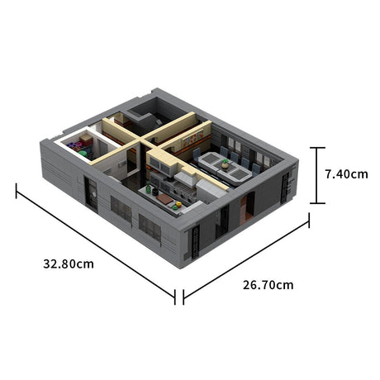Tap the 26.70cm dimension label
tap(268, 285)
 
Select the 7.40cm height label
tap(345, 174)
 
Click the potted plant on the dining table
tap(224, 164)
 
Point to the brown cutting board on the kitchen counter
tap(164, 199)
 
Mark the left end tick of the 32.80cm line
tap(17, 191)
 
